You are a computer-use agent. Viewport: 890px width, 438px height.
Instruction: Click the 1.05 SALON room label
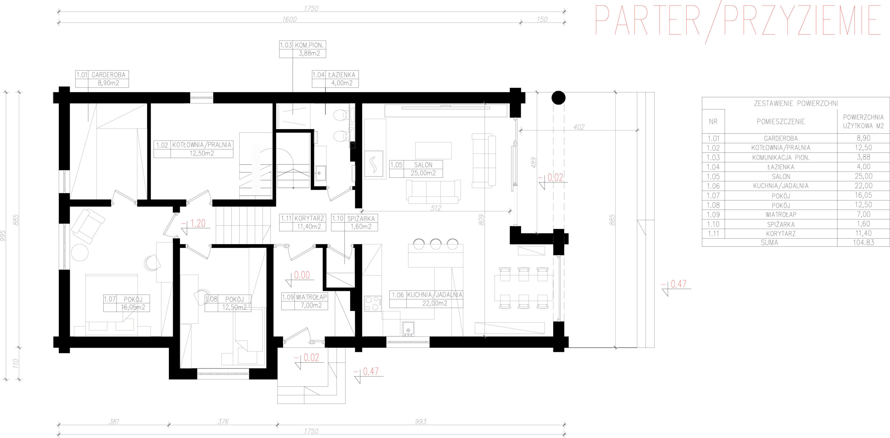416,169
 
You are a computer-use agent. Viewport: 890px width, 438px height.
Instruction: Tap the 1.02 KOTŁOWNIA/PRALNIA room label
193,149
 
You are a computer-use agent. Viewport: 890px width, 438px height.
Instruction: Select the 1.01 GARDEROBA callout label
102,79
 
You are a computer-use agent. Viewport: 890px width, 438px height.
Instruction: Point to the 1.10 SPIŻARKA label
354,222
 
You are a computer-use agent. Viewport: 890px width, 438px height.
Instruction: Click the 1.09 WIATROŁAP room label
305,301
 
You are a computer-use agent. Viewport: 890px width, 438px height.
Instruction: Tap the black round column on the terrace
558,98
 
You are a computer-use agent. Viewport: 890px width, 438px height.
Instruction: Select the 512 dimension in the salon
436,208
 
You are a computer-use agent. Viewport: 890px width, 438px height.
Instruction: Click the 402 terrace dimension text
579,127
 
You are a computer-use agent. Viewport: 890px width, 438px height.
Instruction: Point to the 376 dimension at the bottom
223,421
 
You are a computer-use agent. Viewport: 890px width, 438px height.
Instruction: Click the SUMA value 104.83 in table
863,242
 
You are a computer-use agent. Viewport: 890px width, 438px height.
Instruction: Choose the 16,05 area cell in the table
863,195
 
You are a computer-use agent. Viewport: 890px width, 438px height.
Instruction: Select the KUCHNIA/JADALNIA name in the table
781,186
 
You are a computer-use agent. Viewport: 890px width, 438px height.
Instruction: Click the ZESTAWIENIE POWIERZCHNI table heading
796,103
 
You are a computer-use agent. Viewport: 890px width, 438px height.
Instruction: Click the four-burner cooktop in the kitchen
373,303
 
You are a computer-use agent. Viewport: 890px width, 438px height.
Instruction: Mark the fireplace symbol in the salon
373,164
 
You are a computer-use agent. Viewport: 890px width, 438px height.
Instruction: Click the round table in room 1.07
80,253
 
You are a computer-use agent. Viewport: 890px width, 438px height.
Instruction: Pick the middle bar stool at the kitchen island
436,244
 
